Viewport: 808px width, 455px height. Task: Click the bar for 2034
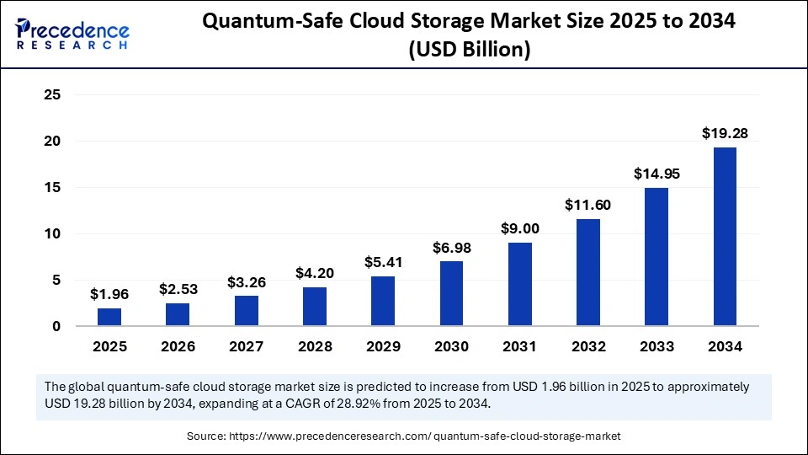point(725,237)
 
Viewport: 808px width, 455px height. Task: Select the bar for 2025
point(109,317)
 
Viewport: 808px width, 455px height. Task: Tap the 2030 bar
point(451,293)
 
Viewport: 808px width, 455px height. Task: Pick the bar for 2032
point(588,272)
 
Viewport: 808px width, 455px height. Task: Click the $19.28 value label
point(725,133)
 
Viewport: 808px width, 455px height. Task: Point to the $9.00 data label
point(519,228)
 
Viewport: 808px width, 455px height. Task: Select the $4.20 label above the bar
point(315,273)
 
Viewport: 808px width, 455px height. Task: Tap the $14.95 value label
point(656,174)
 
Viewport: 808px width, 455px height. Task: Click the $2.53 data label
point(178,289)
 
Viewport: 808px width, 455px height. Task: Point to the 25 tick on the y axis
point(51,95)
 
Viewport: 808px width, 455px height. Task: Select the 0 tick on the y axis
point(56,326)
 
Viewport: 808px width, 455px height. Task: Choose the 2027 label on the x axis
point(246,346)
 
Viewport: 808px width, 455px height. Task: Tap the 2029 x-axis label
point(383,346)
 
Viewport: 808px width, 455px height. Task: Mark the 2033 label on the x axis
point(656,346)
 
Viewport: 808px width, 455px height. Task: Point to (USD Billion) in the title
point(469,51)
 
